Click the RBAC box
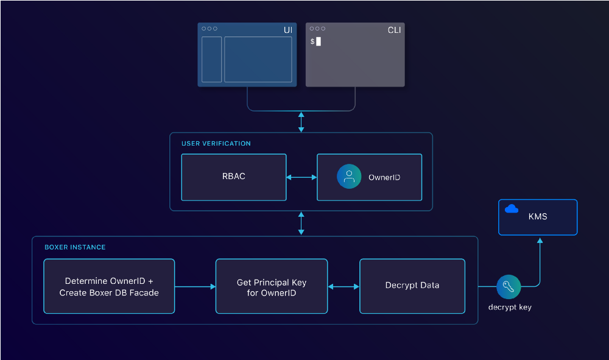tap(234, 177)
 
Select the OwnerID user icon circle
tap(349, 177)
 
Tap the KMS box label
tap(538, 216)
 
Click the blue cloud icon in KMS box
tap(512, 209)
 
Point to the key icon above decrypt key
tap(509, 286)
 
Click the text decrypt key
tap(510, 307)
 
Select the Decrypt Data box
tap(412, 286)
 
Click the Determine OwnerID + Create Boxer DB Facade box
tap(109, 286)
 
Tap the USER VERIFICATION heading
tap(216, 144)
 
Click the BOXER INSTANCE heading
tap(75, 247)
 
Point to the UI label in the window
tap(287, 30)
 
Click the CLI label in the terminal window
tap(394, 30)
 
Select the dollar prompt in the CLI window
tap(312, 41)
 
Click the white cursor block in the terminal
tap(319, 41)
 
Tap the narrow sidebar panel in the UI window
tap(212, 59)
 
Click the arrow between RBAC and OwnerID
tap(301, 177)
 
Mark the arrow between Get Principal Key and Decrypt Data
tap(343, 286)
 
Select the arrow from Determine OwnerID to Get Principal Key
tap(195, 286)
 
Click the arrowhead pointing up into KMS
tap(538, 241)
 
